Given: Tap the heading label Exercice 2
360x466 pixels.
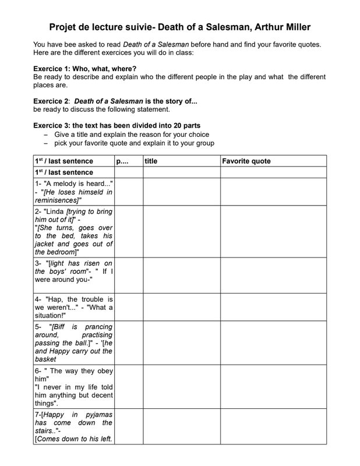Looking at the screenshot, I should coord(52,101).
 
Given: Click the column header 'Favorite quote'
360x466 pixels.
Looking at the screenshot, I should coord(246,161).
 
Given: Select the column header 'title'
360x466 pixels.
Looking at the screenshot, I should coord(151,161).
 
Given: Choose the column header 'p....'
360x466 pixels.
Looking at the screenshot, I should coord(122,161).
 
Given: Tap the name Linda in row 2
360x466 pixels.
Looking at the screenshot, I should coord(57,210).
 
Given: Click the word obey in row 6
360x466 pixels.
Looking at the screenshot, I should coord(103,371).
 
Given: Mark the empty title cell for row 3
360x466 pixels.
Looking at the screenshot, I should coord(182,276).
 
